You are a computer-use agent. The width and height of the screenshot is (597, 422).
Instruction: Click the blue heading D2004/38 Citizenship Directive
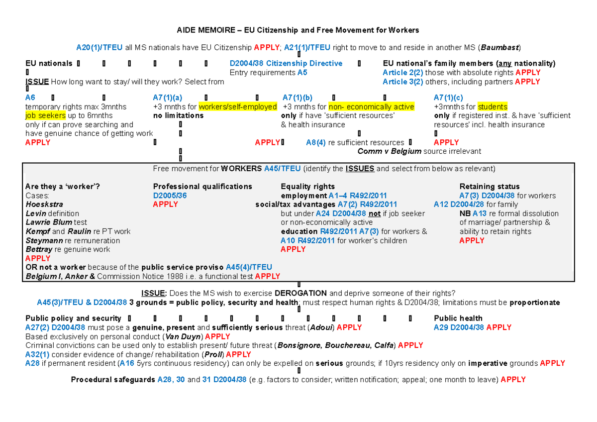[x=286, y=64]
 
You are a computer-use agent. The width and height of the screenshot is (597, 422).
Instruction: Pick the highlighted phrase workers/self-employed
[x=238, y=106]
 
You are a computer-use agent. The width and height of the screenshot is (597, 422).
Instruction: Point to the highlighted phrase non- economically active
[x=378, y=106]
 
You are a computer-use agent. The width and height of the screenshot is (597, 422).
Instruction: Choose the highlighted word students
[x=493, y=106]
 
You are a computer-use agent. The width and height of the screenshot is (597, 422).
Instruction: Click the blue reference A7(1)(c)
[x=448, y=98]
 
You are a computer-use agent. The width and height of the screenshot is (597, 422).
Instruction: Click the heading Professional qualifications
[x=202, y=187]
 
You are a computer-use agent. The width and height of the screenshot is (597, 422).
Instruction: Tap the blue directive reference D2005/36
[x=170, y=196]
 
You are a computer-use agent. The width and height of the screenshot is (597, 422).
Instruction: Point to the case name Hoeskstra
[x=44, y=205]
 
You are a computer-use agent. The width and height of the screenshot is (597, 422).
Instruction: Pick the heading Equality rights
[x=307, y=187]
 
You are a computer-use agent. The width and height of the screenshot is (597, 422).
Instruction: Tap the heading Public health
[x=458, y=318]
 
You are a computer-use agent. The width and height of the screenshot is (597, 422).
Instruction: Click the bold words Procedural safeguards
[x=113, y=380]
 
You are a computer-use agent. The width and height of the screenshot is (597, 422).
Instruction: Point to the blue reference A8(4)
[x=316, y=143]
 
